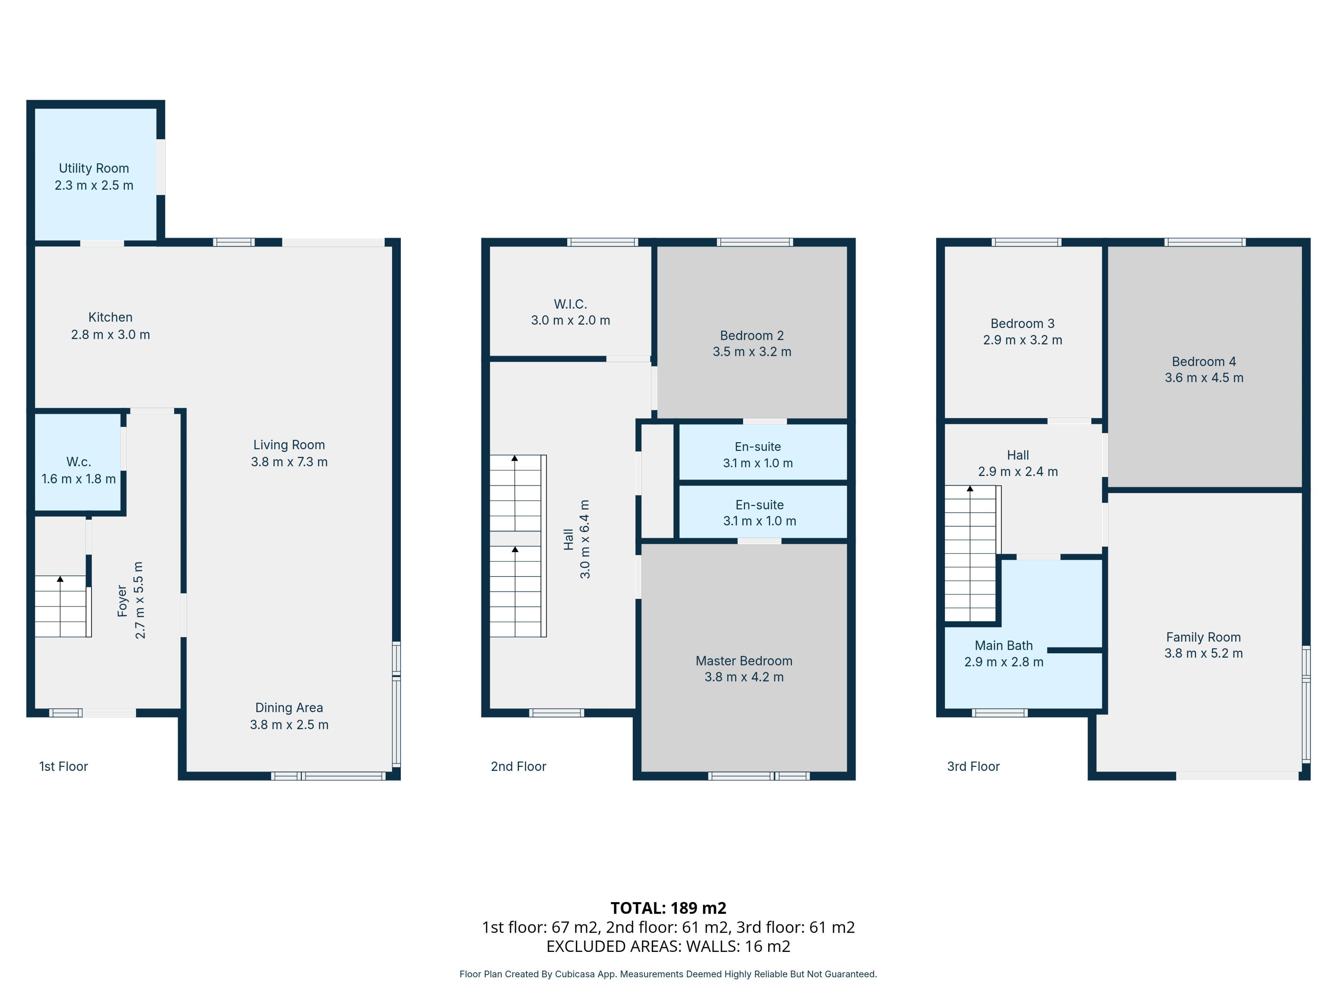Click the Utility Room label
point(94,168)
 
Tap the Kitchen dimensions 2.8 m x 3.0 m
point(111,335)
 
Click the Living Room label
point(289,445)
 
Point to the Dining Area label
point(289,708)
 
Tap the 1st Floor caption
point(63,766)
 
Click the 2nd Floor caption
point(518,766)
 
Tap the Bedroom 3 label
point(1023,324)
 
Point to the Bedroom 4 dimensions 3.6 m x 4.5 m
point(1204,378)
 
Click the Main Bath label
point(1004,646)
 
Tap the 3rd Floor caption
point(973,766)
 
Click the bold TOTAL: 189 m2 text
point(668,908)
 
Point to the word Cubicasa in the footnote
point(573,974)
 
